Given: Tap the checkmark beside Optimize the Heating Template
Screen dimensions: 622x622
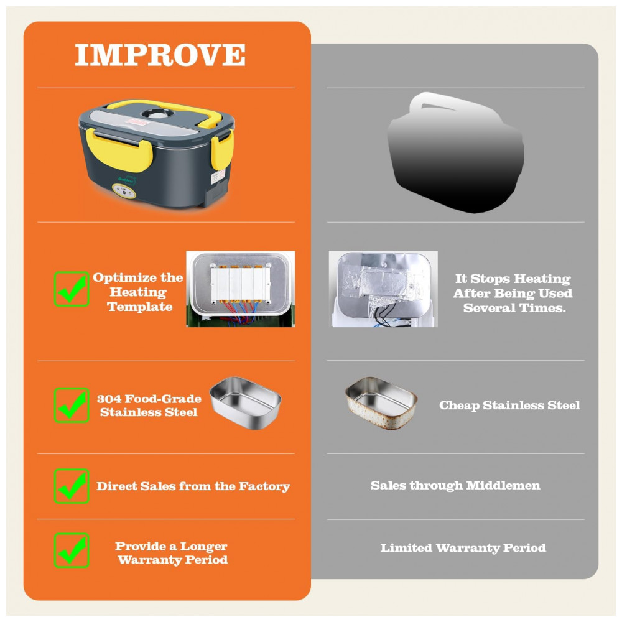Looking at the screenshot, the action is (72, 289).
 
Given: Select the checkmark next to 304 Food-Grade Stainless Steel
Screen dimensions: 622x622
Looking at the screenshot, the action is (72, 405).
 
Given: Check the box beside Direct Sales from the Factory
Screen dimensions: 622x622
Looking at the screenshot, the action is (72, 486).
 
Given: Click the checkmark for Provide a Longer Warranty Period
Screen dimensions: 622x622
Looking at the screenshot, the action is (72, 550).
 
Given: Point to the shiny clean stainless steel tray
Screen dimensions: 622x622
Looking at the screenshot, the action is (246, 402).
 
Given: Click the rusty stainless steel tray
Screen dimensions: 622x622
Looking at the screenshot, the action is (381, 403).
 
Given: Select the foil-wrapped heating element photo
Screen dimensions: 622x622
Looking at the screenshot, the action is (383, 289).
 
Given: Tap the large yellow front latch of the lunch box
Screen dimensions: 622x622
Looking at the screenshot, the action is (118, 149).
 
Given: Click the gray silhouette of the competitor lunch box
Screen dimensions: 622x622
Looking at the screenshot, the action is (456, 153).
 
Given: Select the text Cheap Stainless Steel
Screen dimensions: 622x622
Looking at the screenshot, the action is (509, 405).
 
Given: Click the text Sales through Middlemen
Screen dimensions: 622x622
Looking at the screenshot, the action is (455, 486).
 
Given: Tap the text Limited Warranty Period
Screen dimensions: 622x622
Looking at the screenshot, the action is (463, 548).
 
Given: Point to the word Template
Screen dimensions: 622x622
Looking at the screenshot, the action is (139, 307).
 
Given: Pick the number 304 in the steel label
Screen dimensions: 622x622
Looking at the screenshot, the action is (109, 399).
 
